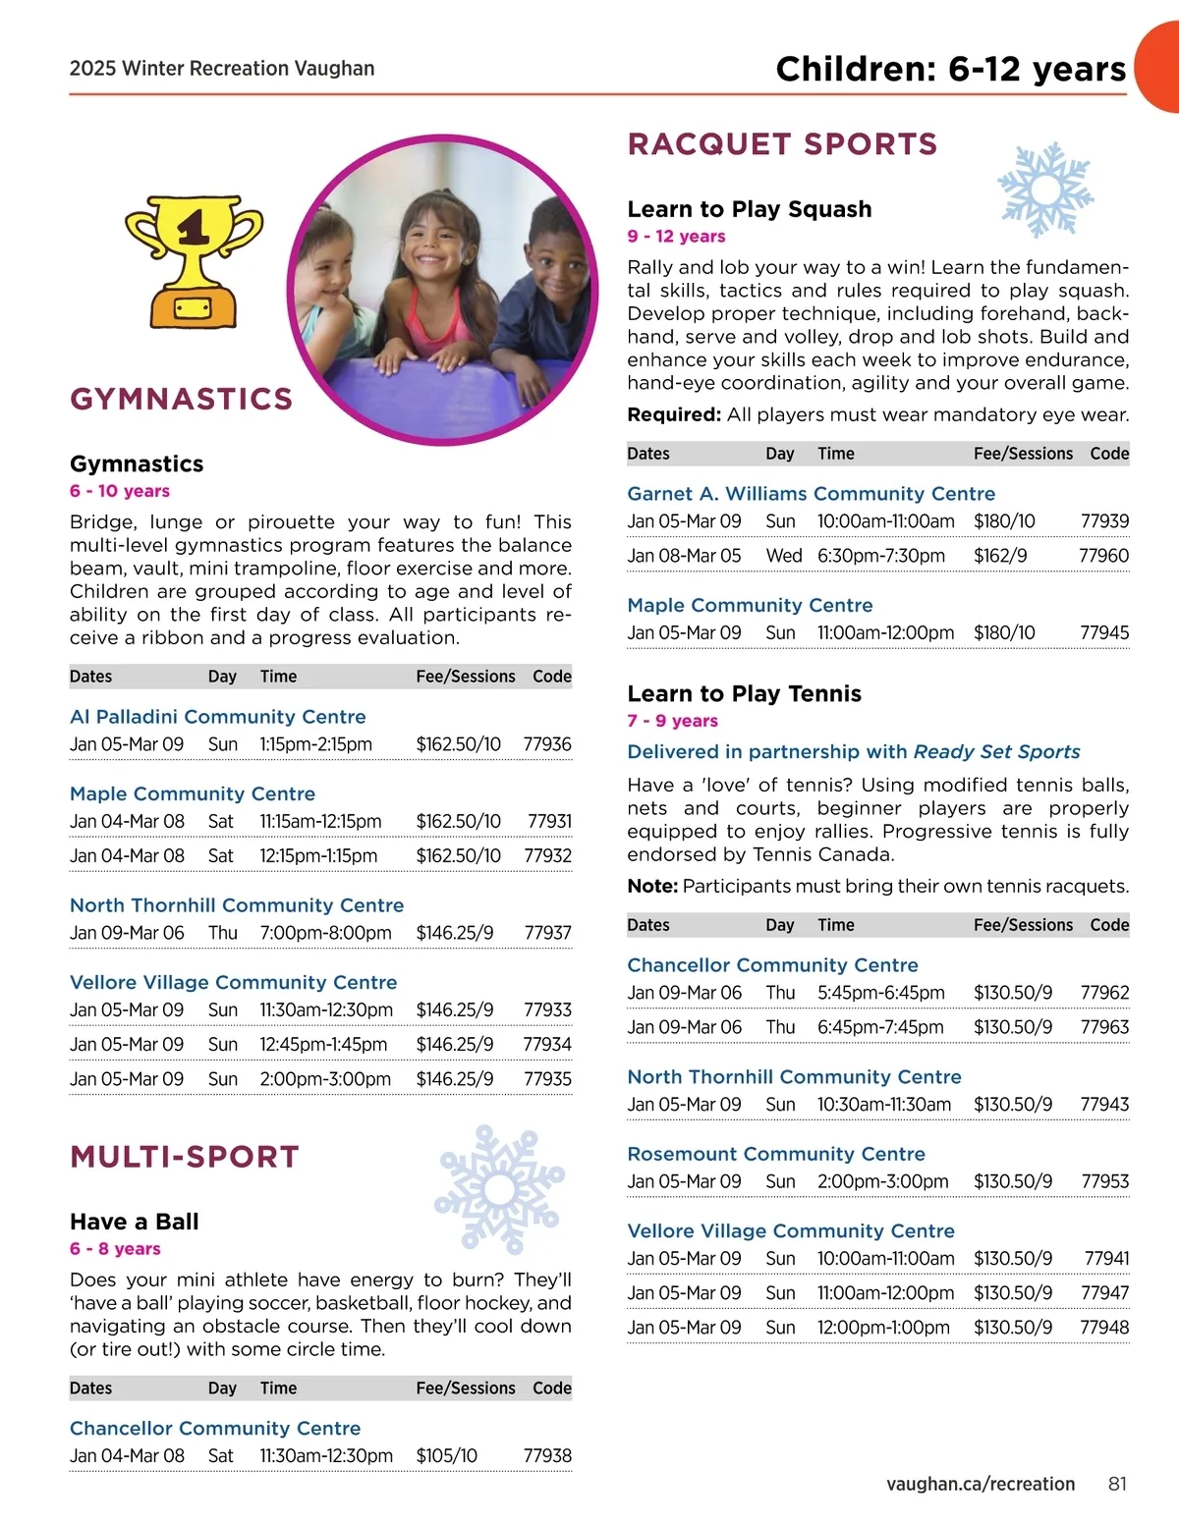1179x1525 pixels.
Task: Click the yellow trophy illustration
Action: (194, 260)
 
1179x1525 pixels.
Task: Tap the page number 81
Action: (1117, 1484)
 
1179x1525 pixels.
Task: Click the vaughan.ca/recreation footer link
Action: (980, 1484)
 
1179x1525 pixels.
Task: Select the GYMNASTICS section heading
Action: (182, 399)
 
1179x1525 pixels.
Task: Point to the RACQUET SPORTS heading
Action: (782, 144)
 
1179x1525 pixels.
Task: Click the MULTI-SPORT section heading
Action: (185, 1157)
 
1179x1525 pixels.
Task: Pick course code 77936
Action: (547, 744)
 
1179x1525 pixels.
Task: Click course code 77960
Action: (1103, 556)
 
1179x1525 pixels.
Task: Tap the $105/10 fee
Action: (447, 1455)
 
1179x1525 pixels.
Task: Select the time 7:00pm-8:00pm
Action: (325, 933)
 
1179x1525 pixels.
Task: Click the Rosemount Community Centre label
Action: (776, 1154)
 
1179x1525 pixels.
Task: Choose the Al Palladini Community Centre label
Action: (217, 717)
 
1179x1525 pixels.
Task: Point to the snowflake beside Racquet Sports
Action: (1044, 190)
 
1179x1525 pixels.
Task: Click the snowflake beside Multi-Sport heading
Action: (498, 1188)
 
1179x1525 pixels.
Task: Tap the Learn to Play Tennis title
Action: (744, 693)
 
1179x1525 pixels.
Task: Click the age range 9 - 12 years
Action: (676, 237)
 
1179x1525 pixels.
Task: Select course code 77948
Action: (1104, 1328)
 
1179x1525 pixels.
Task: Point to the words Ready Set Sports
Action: (996, 752)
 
